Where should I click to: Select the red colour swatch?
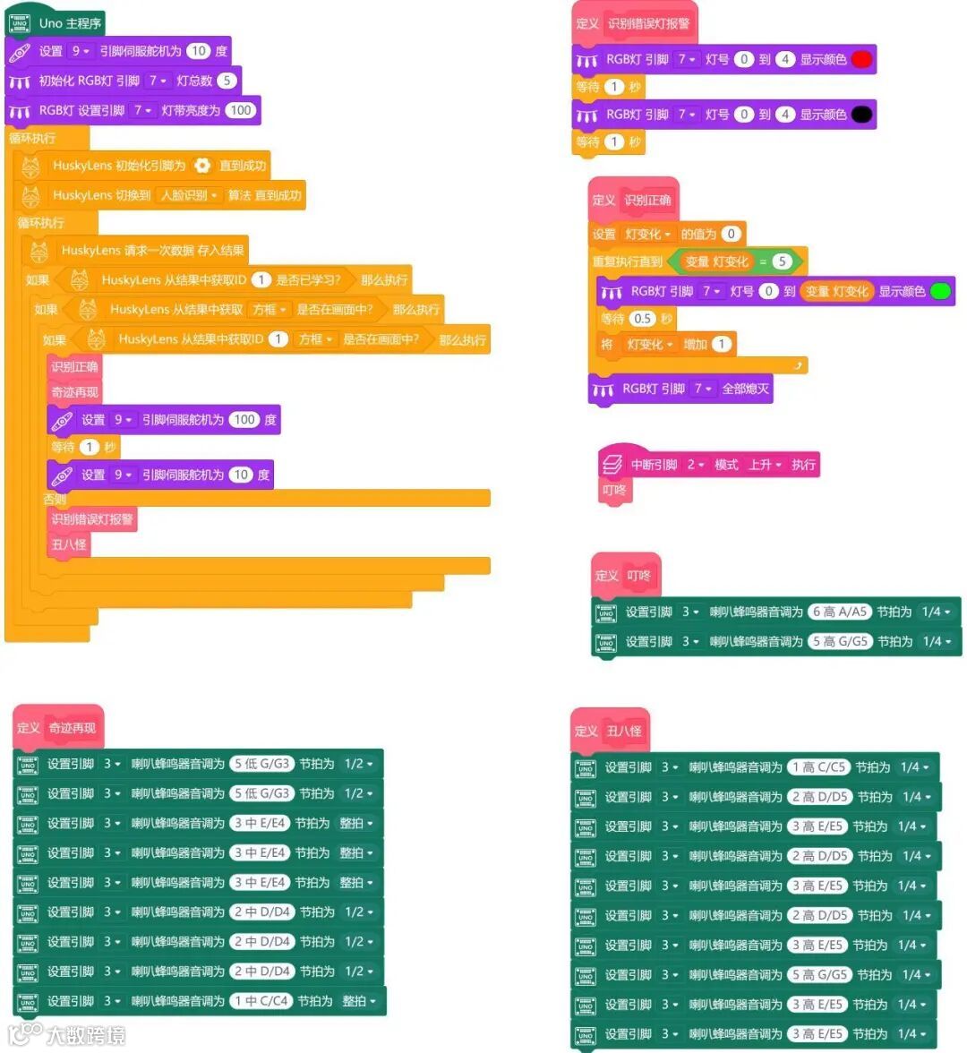[x=861, y=59]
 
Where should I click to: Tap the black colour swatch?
[x=861, y=115]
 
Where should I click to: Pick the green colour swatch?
[x=940, y=291]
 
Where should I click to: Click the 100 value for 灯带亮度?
[x=240, y=110]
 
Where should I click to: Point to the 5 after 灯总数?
[x=227, y=81]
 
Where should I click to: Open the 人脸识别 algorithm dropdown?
[x=189, y=195]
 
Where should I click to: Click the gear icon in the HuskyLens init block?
[x=202, y=166]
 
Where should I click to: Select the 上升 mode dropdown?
[x=765, y=465]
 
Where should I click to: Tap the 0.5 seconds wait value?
[x=642, y=319]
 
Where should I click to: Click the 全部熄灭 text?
[x=745, y=389]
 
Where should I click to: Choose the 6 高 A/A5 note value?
[x=839, y=612]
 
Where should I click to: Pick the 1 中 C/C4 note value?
[x=261, y=1000]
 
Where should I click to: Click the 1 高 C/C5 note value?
[x=818, y=766]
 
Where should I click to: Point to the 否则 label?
[x=56, y=499]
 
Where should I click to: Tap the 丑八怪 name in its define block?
[x=624, y=731]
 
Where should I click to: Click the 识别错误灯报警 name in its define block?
[x=648, y=23]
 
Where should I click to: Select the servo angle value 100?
[x=244, y=419]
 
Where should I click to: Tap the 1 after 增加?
[x=722, y=344]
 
